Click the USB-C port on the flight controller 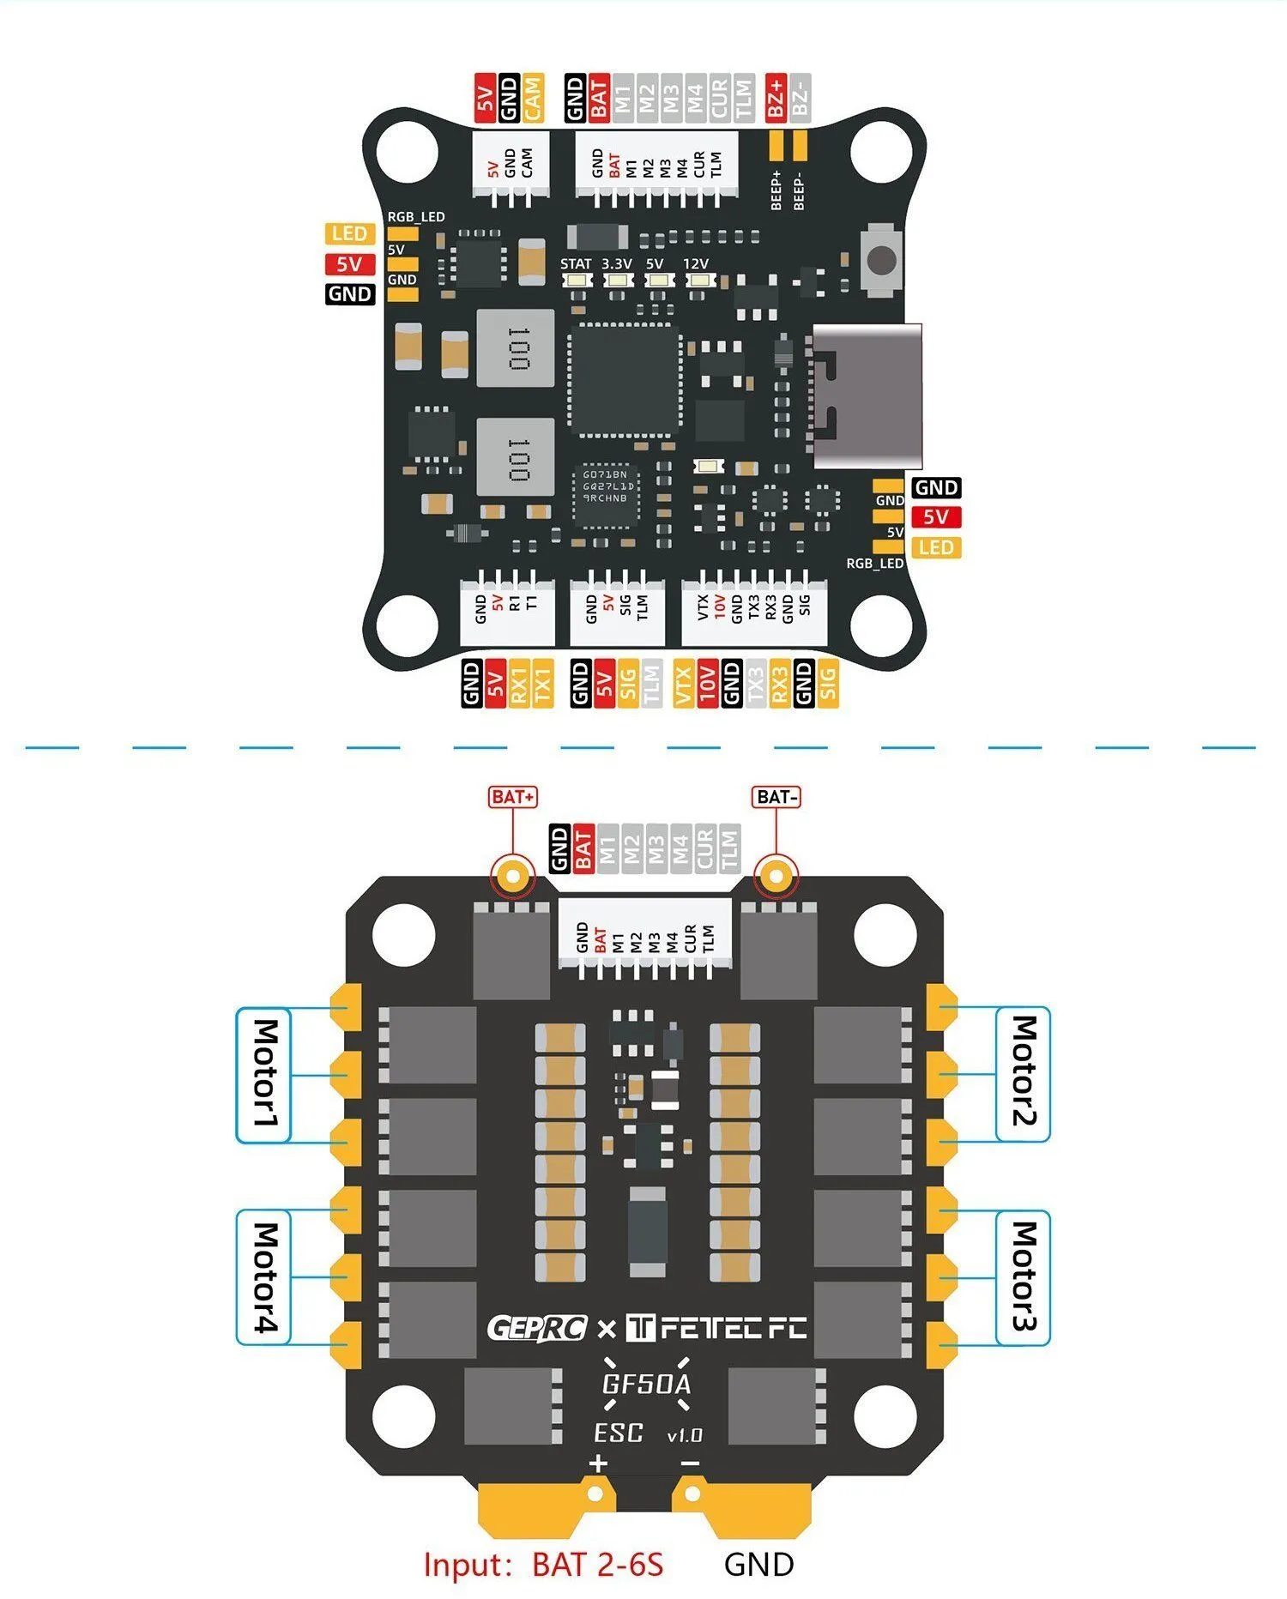867,395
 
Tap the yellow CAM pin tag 533,98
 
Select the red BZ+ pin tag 776,98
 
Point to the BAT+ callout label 513,797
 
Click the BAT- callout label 776,797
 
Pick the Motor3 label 1024,1276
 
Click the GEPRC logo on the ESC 537,1329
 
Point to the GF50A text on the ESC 646,1384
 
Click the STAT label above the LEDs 576,264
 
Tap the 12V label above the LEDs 696,264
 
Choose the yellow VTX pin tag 683,684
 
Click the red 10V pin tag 707,684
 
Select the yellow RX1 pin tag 518,684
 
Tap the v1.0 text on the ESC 684,1435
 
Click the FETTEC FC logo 716,1329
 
